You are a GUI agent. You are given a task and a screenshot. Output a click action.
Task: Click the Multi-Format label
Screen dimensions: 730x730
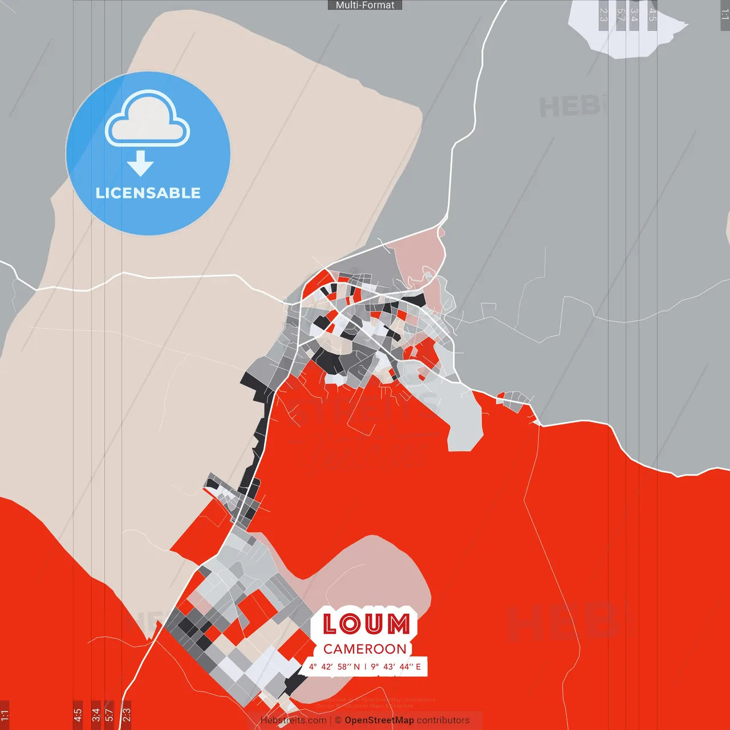pos(365,5)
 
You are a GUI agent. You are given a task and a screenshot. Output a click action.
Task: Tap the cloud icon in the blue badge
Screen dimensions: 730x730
pos(148,119)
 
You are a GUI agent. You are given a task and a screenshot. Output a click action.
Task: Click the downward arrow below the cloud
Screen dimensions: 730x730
pos(140,164)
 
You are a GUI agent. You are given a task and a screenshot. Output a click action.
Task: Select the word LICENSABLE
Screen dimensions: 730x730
pos(148,193)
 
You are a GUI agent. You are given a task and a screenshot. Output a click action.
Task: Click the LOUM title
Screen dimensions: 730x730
pos(366,624)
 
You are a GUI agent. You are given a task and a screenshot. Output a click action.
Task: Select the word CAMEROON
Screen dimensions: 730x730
pos(365,649)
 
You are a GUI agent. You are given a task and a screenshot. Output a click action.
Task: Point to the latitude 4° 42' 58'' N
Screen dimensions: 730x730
pos(335,667)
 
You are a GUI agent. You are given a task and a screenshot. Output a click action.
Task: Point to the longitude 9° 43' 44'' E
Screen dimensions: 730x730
pos(396,667)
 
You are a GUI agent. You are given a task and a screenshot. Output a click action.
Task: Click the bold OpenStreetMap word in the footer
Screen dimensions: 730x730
pos(379,720)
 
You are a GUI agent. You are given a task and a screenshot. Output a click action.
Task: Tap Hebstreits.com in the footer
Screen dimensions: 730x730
pos(294,720)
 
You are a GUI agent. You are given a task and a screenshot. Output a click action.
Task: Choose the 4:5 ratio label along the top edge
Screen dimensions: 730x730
pos(652,15)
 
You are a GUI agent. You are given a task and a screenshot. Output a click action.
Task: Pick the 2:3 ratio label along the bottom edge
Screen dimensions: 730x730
pos(127,714)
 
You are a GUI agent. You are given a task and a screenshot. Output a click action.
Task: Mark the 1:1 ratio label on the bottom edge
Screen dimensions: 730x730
pos(5,714)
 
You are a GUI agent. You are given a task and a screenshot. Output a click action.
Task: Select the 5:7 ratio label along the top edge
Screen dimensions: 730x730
pos(621,15)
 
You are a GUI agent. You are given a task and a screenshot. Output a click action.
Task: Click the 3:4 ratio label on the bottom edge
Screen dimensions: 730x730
pos(96,714)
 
